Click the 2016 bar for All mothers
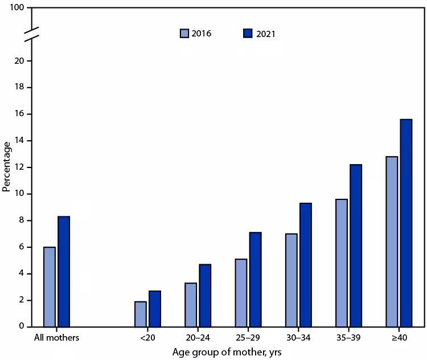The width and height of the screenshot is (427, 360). tap(50, 287)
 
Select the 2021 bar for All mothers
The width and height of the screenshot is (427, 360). tap(64, 272)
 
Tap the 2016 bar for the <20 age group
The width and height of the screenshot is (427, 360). tap(141, 314)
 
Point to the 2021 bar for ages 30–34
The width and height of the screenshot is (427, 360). tap(305, 265)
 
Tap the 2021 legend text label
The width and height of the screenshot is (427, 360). tap(265, 34)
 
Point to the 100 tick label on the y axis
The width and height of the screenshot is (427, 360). tap(17, 8)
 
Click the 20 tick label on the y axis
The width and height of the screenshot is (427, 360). tap(19, 61)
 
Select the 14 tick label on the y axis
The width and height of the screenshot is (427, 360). tap(19, 141)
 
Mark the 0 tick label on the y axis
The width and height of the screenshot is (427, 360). tap(21, 327)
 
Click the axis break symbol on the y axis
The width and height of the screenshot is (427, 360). tap(31, 34)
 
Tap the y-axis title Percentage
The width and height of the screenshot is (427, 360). tap(6, 166)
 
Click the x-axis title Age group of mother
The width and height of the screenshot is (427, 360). tap(228, 352)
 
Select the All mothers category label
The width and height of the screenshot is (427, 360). tap(56, 337)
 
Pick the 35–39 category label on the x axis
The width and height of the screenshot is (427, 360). tap(348, 337)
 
